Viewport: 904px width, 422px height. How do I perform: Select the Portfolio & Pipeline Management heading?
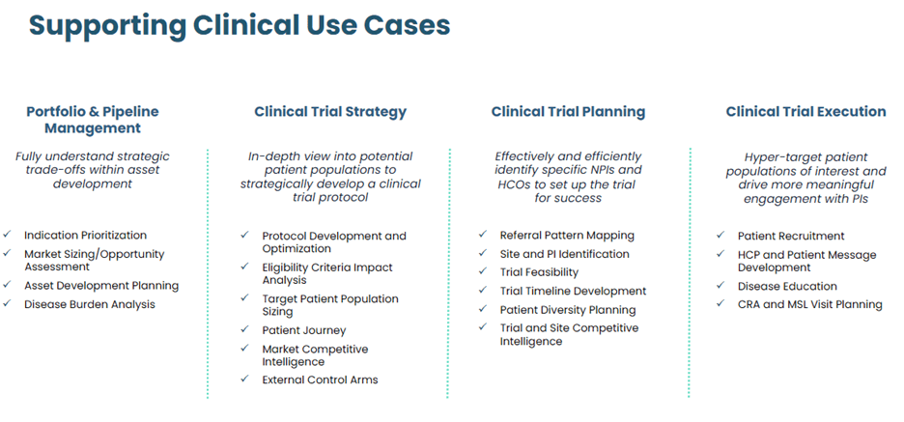(93, 120)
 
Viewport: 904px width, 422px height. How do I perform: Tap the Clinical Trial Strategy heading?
(330, 112)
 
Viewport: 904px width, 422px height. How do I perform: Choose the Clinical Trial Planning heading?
(568, 112)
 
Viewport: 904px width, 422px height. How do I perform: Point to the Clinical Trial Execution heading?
(805, 112)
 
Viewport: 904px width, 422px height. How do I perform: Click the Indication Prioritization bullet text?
(85, 235)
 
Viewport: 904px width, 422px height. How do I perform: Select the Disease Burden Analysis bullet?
(89, 304)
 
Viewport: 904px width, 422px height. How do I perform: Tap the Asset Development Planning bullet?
(101, 285)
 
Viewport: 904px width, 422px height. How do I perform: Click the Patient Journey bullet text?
(303, 330)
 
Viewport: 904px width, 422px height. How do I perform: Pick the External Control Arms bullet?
(320, 380)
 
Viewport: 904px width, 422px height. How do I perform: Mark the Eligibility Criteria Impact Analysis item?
(326, 273)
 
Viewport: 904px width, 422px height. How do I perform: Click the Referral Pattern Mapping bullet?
(567, 235)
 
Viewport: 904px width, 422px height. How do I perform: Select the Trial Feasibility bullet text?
(539, 272)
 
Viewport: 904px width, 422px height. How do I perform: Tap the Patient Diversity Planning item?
(567, 310)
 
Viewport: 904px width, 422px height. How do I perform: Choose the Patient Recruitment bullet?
(790, 236)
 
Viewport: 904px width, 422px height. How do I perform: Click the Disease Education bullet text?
(787, 286)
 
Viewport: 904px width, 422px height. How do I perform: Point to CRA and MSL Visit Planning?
(809, 304)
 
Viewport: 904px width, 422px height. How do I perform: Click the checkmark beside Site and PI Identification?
(482, 254)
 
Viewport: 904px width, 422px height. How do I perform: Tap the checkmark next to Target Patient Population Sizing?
(244, 299)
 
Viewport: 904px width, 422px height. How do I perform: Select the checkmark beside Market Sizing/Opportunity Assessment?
(7, 254)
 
